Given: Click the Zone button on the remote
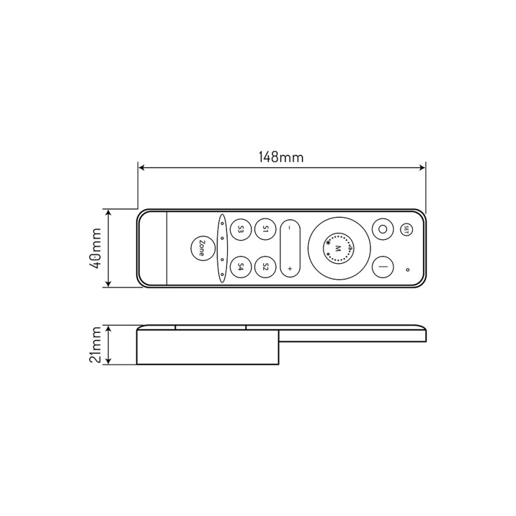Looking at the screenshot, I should [x=203, y=248].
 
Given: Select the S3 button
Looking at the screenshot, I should [x=240, y=229].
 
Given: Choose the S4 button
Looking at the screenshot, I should [x=240, y=266].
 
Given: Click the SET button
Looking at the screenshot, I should [x=406, y=228].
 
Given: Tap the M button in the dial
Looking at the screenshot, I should [x=338, y=248].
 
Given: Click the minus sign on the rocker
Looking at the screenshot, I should [x=290, y=228].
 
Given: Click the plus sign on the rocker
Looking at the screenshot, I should [x=290, y=268].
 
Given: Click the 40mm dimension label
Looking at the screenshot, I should [x=95, y=248].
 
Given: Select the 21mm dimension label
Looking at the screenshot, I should [x=95, y=345].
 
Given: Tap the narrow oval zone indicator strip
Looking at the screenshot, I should [x=222, y=248].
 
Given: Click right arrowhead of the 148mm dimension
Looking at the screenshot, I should [x=422, y=168].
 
